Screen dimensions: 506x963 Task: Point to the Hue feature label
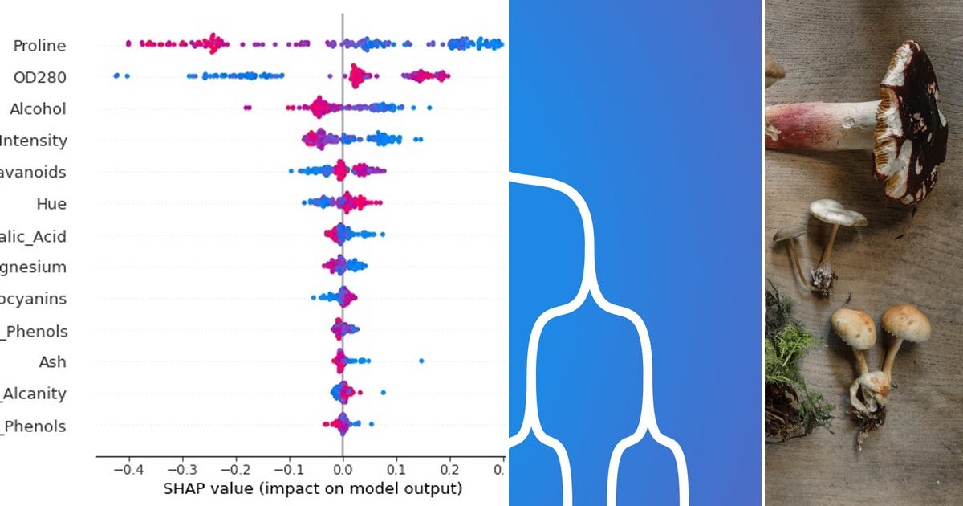coord(51,204)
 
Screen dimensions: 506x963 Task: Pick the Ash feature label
coord(52,362)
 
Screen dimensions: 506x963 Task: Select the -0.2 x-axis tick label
coord(234,468)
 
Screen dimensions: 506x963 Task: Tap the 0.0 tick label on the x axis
coord(343,468)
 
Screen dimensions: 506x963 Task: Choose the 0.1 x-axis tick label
coord(396,468)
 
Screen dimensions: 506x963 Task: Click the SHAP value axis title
coord(312,488)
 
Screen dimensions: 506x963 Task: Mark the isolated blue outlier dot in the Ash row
coord(421,361)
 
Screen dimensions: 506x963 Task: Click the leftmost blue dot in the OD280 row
coord(116,75)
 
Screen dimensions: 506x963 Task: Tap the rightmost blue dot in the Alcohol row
coord(429,108)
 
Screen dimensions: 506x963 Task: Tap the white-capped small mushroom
coord(837,212)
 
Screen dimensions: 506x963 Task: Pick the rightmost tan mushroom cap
coord(906,322)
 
